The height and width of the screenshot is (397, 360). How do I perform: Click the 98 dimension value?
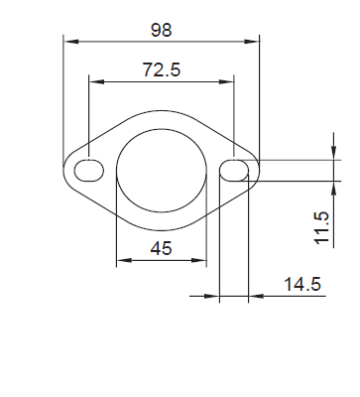point(162,30)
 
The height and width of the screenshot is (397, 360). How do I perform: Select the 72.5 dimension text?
point(162,69)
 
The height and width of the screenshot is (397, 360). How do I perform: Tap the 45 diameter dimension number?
point(162,248)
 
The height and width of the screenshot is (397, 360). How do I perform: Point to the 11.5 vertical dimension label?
point(322,227)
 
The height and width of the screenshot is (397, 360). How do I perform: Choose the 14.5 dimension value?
point(302,284)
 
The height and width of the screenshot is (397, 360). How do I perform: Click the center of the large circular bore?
point(162,171)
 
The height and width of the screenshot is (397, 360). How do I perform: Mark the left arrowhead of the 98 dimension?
point(71,42)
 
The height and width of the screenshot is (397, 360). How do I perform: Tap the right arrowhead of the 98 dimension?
point(252,42)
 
